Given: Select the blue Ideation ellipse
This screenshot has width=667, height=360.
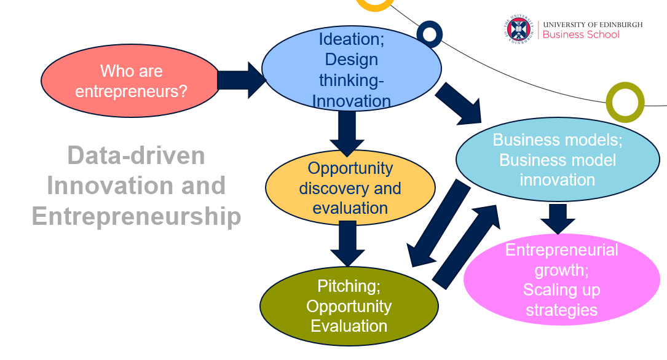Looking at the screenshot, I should [x=351, y=69].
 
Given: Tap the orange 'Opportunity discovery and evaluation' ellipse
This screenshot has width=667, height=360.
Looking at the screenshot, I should [x=350, y=187].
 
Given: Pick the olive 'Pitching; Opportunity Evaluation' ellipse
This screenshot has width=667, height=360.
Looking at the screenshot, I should [x=349, y=306].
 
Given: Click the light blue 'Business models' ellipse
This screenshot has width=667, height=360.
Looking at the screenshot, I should [x=557, y=160].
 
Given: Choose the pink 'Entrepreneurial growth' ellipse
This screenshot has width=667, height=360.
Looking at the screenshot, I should [x=561, y=280].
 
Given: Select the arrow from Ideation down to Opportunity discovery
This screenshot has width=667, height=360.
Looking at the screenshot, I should [x=347, y=132].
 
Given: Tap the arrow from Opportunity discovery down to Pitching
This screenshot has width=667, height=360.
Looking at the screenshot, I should [x=347, y=243].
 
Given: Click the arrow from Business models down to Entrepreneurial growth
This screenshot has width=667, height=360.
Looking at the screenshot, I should [x=558, y=219].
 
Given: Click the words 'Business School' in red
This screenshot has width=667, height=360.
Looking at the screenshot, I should [x=581, y=35].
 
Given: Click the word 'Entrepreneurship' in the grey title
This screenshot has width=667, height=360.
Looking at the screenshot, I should [x=136, y=216].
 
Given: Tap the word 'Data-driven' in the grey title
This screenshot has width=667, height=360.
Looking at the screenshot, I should [x=136, y=155].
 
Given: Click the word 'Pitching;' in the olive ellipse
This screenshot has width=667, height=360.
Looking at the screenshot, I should [x=349, y=286].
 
